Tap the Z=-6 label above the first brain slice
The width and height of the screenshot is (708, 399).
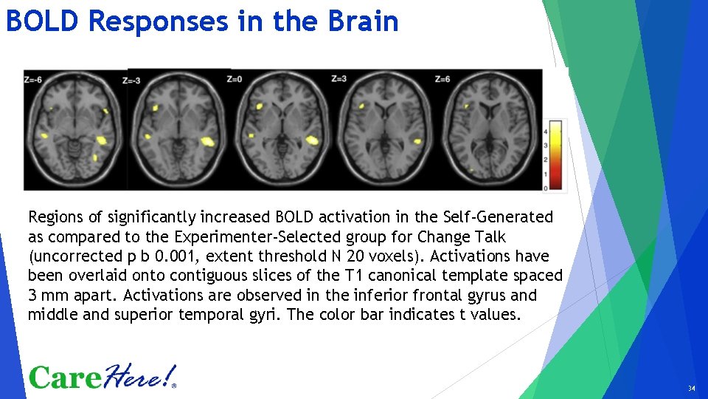tap(33, 78)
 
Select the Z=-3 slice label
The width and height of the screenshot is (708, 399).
tap(133, 80)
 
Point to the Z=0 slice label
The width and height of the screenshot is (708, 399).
tap(234, 78)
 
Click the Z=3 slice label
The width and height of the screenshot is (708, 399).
tap(339, 78)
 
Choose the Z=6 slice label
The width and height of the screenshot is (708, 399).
tap(442, 78)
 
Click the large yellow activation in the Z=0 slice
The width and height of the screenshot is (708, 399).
tap(310, 139)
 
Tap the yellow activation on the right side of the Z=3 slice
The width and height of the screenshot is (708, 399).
tap(417, 140)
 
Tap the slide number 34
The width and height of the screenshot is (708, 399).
tap(691, 389)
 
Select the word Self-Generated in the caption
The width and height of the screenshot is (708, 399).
tap(498, 217)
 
